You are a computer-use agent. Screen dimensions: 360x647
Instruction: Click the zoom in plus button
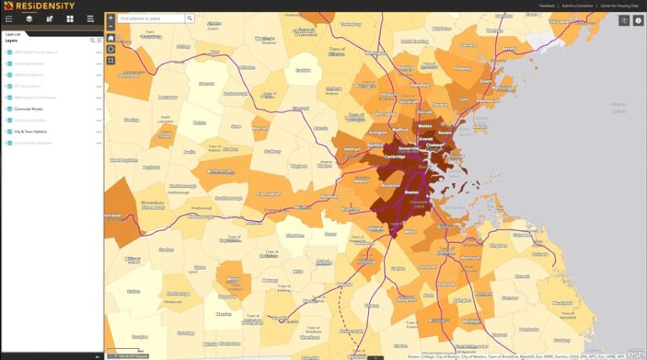click(110, 18)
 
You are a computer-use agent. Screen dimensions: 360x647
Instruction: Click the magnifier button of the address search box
click(190, 18)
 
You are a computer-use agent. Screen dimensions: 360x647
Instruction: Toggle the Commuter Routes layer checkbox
click(9, 109)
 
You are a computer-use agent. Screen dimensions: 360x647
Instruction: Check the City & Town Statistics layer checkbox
click(9, 132)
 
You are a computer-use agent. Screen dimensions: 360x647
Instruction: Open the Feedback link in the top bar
click(547, 6)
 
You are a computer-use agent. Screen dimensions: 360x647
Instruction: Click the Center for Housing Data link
click(618, 6)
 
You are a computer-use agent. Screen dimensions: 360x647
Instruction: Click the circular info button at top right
click(638, 20)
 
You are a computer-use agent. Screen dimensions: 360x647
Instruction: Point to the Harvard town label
click(206, 83)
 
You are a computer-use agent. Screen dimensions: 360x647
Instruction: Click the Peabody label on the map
click(463, 68)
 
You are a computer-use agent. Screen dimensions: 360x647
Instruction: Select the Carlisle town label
click(303, 70)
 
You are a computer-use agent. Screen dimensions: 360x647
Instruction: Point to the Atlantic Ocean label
click(619, 107)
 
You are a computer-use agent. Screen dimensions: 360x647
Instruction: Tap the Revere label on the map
click(446, 132)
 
